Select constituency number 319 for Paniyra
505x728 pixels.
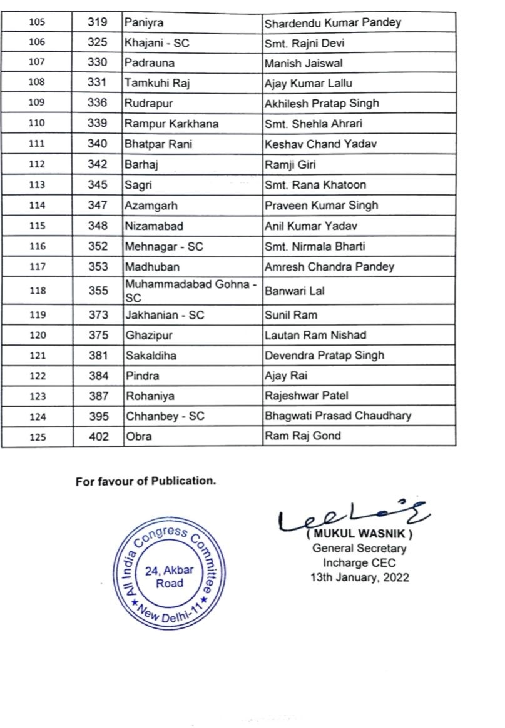coord(98,22)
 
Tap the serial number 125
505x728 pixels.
coord(37,437)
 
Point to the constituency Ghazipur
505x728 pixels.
coord(148,336)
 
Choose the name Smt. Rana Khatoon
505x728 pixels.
coord(315,185)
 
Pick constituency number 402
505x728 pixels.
coord(98,436)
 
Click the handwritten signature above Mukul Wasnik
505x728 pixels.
coord(350,519)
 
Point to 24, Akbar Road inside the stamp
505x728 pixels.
coord(170,576)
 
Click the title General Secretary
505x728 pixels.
coord(359,549)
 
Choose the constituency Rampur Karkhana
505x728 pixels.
coord(171,124)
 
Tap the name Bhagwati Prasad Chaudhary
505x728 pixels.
coord(338,416)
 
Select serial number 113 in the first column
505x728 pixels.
coord(37,185)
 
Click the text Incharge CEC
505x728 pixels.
coord(359,563)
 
